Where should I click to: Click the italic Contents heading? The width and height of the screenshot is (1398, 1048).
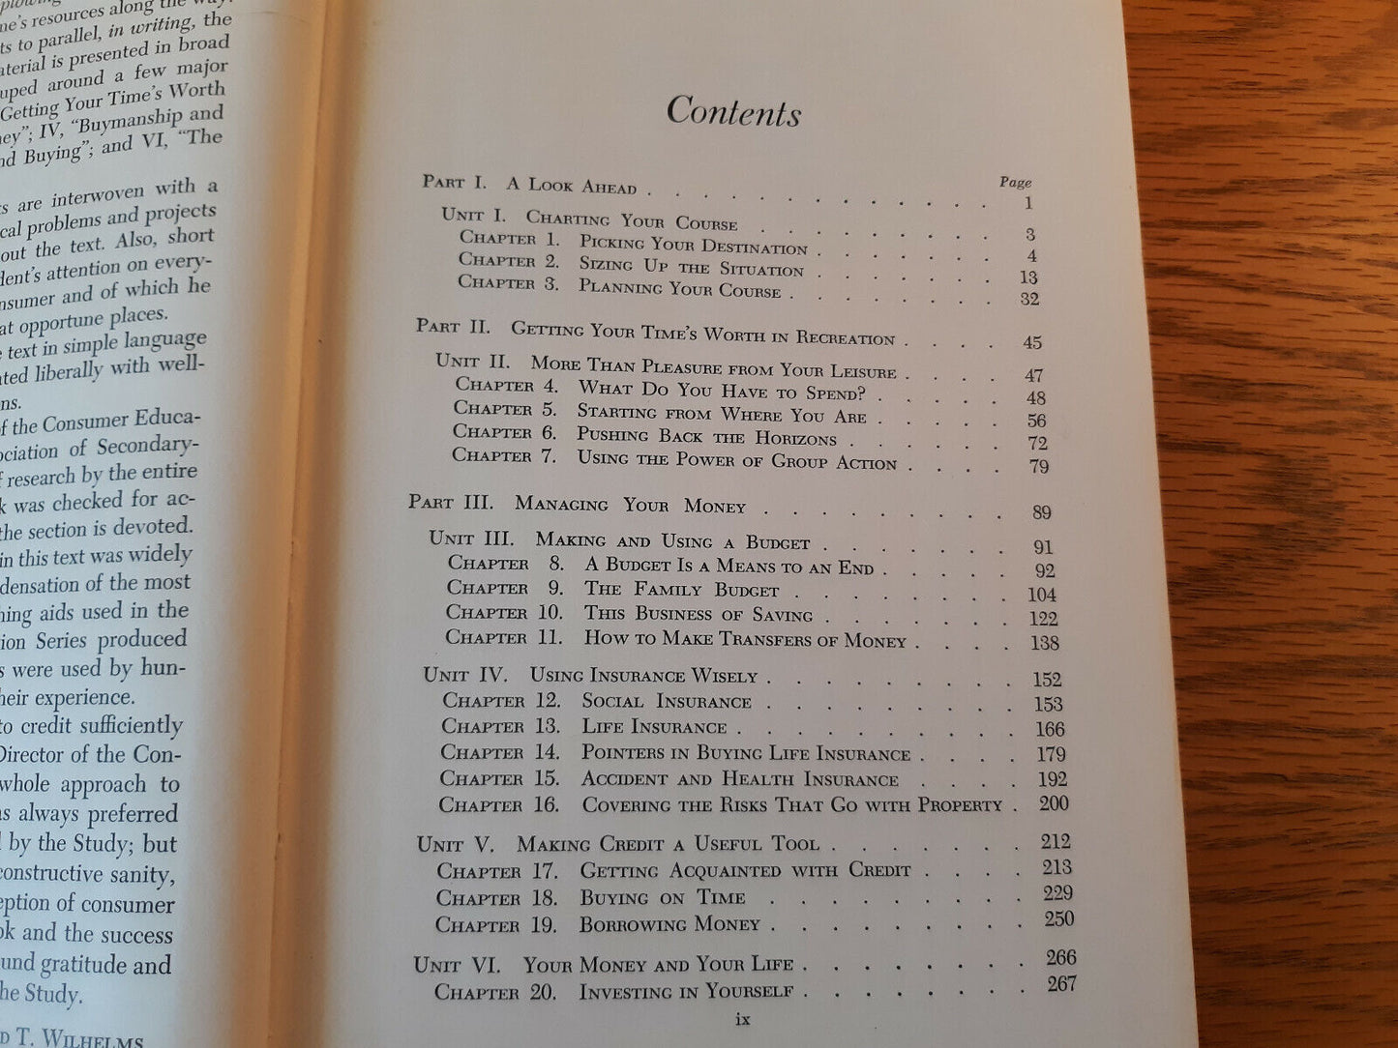[733, 112]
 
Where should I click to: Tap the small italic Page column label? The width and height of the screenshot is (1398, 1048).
[1015, 182]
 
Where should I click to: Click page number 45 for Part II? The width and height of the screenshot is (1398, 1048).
[1031, 342]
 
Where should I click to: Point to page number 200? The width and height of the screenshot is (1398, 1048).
[1054, 803]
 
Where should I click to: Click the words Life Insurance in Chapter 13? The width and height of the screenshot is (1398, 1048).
[653, 727]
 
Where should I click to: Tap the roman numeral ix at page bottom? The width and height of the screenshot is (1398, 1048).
[743, 1018]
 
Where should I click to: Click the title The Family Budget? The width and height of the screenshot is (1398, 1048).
[681, 590]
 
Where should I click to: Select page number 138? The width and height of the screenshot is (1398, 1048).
[1045, 643]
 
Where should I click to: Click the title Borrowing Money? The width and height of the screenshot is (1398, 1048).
[669, 924]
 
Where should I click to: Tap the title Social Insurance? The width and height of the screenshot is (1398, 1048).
[666, 702]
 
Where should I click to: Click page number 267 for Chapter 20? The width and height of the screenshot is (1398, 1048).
[1061, 984]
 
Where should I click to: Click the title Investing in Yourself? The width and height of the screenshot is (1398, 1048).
[686, 992]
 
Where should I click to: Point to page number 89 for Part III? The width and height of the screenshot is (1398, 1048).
[1041, 512]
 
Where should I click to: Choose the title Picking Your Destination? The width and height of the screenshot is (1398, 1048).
[693, 246]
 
